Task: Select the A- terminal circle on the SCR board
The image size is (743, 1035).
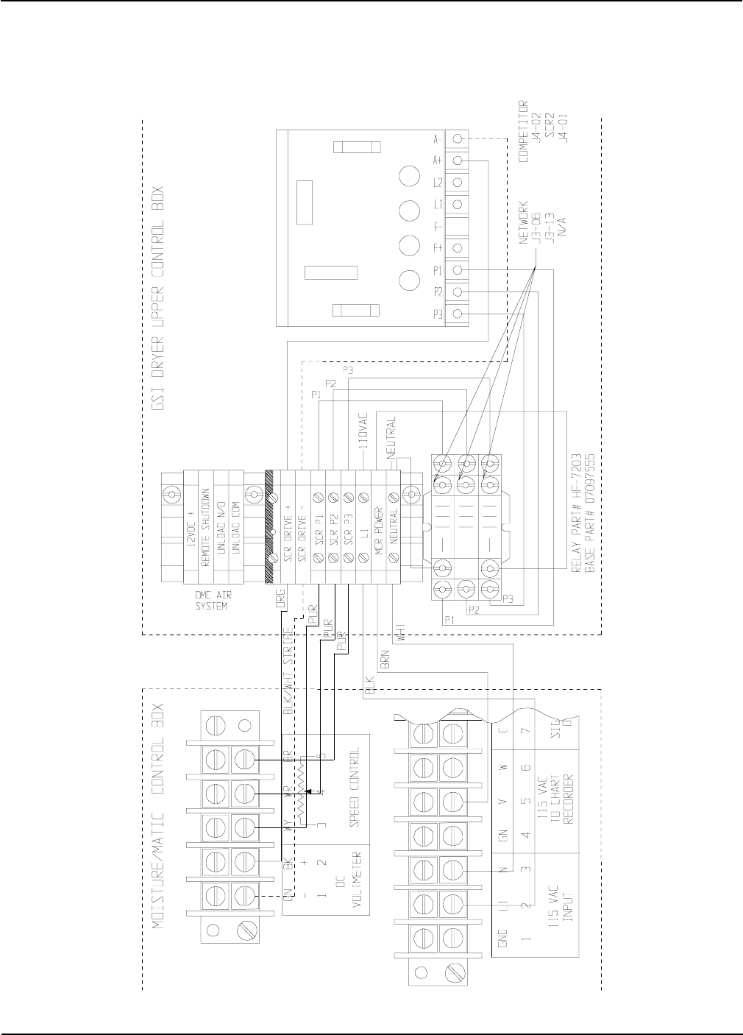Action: [458, 139]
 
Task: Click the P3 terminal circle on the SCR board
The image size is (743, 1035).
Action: [458, 314]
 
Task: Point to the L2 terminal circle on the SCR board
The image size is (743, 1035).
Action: [458, 182]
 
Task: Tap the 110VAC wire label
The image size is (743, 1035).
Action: [362, 437]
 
